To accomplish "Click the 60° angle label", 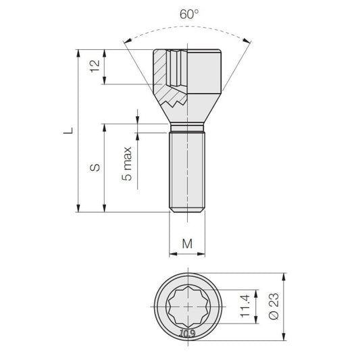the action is pyautogui.click(x=189, y=14).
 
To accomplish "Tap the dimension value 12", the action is pyautogui.click(x=95, y=66).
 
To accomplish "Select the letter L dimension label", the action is pyautogui.click(x=68, y=130).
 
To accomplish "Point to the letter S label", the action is pyautogui.click(x=95, y=168).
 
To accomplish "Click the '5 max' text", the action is pyautogui.click(x=127, y=163).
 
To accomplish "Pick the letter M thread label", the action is pyautogui.click(x=187, y=244).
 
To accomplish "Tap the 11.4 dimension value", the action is pyautogui.click(x=245, y=306).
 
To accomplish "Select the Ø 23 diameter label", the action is pyautogui.click(x=274, y=306).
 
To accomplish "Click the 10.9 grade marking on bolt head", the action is pyautogui.click(x=188, y=333).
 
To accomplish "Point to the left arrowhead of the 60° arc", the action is pyautogui.click(x=127, y=41).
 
